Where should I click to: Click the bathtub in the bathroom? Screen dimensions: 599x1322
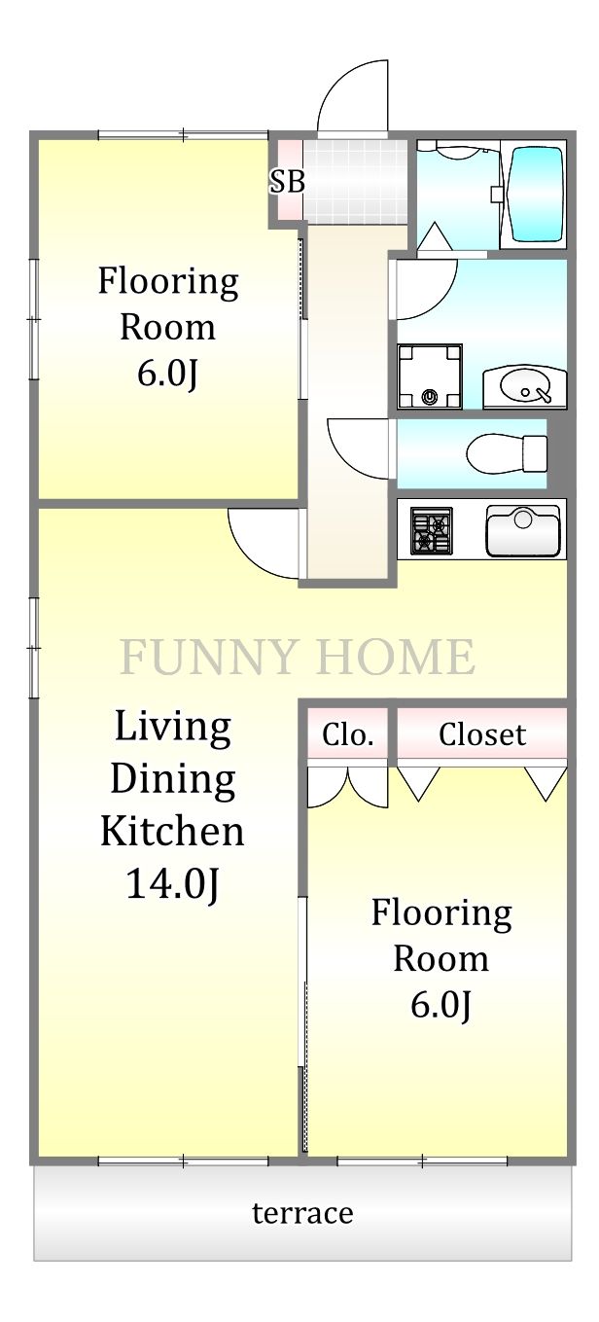pos(537,195)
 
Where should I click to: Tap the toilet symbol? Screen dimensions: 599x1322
pos(507,453)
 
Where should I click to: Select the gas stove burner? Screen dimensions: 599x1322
pos(432,531)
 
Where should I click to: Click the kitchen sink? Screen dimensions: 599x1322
pos(523,531)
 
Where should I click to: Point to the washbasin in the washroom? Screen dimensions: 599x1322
pos(525,387)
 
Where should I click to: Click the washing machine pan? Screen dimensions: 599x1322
pos(430,375)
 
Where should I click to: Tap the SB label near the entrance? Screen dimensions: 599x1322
pos(287,181)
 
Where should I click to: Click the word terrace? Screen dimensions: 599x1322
pos(302,1212)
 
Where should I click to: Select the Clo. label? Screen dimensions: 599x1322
pos(347,734)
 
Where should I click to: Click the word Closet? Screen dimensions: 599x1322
pos(482,734)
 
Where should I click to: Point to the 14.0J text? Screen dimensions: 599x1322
pos(173,884)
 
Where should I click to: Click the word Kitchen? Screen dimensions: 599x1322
pos(172,831)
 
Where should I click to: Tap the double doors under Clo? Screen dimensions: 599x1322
pos(347,787)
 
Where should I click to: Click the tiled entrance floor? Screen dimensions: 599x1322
pos(354,181)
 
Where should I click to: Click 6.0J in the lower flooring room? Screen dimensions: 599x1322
pos(440,1004)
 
